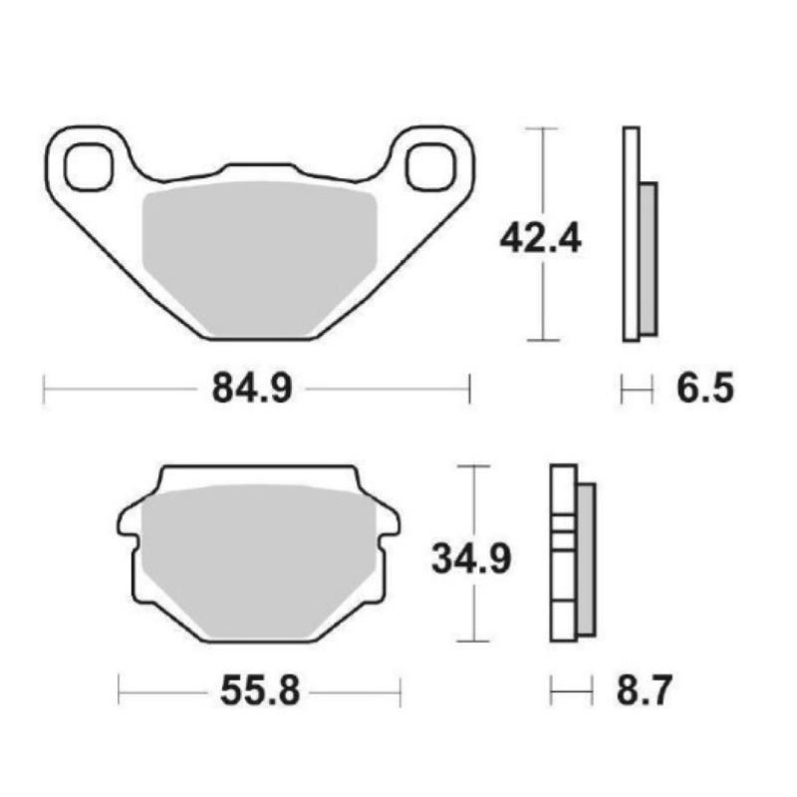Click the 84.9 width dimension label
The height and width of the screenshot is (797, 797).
(x=251, y=389)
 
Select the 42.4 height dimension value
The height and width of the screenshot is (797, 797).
(x=541, y=238)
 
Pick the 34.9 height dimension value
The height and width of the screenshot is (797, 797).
(x=471, y=557)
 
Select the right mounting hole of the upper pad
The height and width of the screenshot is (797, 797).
(x=428, y=165)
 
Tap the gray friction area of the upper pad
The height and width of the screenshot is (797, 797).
(x=259, y=254)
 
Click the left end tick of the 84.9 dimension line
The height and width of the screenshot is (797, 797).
(x=44, y=390)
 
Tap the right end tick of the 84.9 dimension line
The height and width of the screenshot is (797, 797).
(x=469, y=390)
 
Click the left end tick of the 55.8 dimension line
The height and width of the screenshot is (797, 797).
(x=119, y=688)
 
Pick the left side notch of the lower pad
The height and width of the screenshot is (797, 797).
(x=127, y=523)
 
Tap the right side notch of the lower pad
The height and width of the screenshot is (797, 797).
(x=392, y=523)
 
